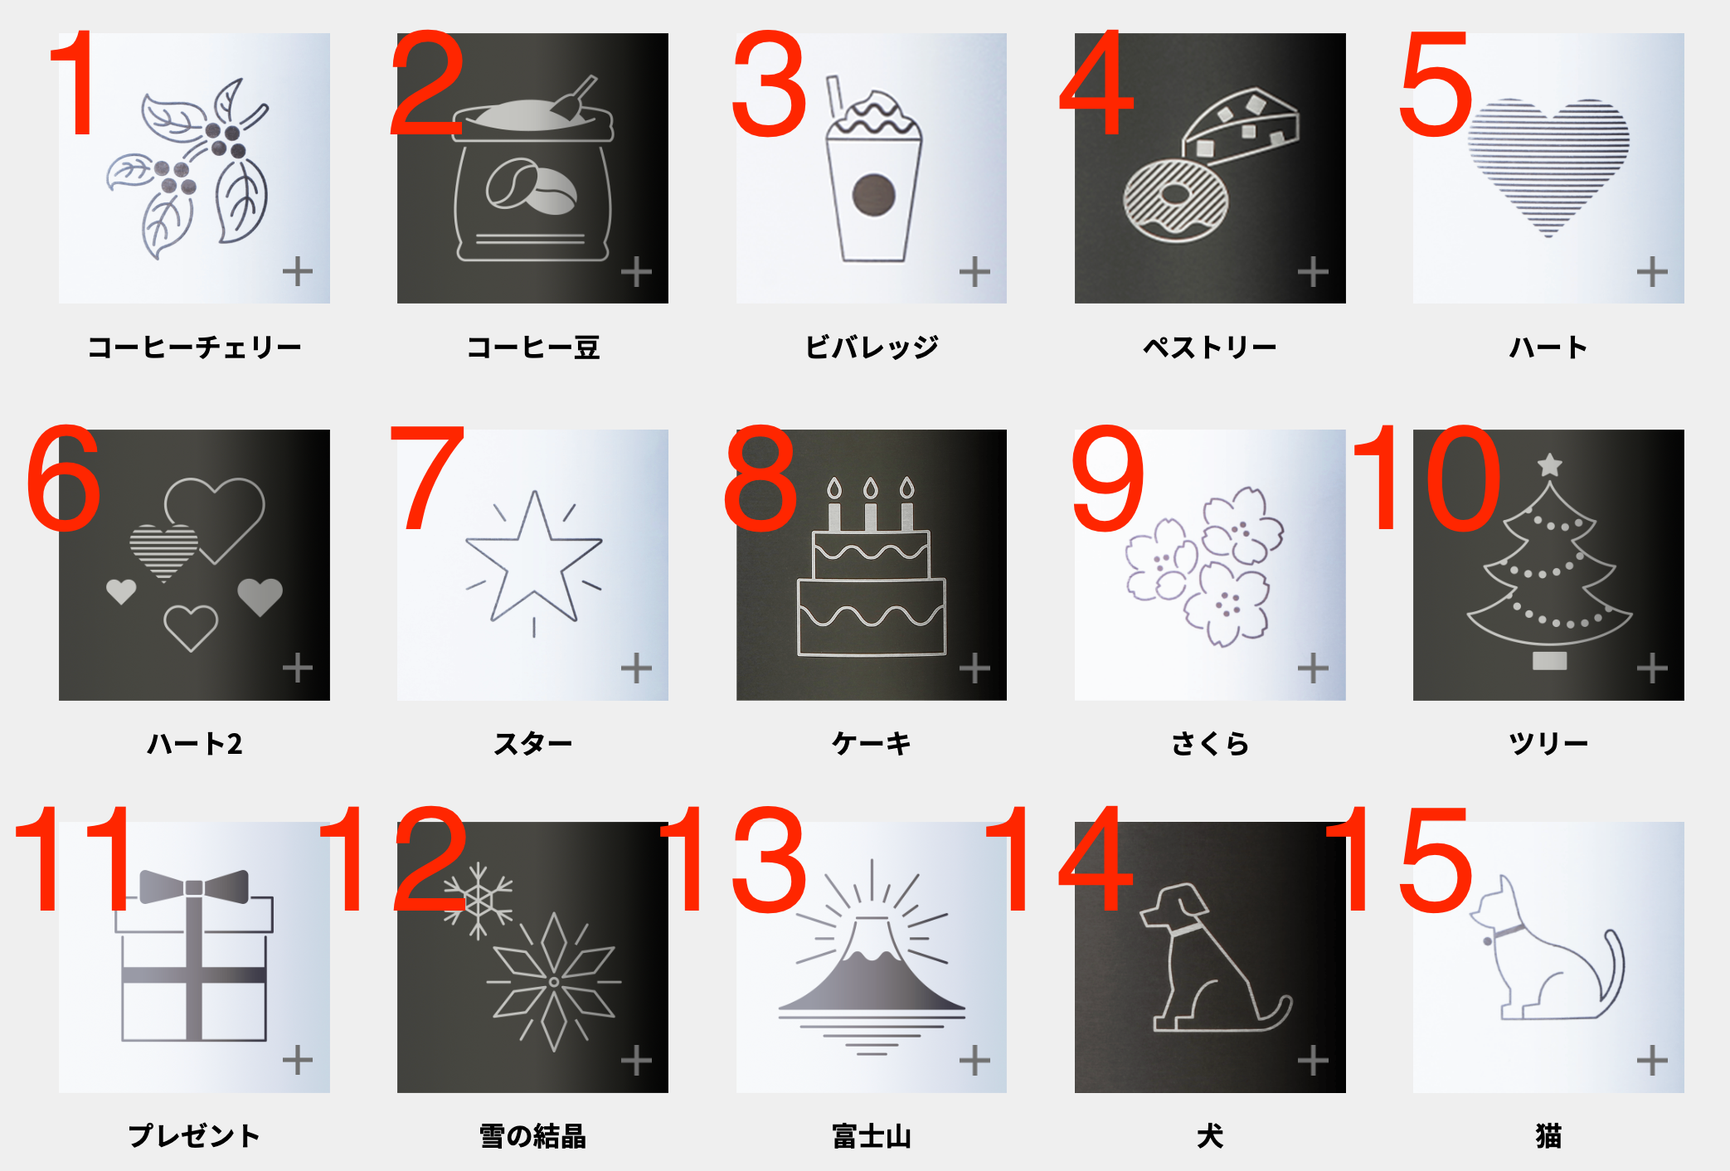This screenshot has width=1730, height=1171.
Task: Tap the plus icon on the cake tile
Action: point(974,668)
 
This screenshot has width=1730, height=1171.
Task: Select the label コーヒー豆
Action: point(533,347)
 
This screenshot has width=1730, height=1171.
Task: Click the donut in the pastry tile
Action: point(1174,199)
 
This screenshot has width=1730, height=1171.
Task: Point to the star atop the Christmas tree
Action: point(1549,465)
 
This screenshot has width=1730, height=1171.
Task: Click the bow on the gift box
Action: point(194,887)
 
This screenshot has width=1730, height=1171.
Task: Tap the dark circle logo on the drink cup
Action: point(873,195)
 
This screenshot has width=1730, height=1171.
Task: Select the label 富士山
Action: point(872,1135)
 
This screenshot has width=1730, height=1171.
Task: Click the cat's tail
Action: point(1614,970)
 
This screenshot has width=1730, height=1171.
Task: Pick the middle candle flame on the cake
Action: point(871,487)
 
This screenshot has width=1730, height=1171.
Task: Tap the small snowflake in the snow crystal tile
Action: point(479,900)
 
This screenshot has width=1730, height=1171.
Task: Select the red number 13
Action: point(734,860)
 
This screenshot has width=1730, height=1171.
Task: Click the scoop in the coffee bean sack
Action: point(574,98)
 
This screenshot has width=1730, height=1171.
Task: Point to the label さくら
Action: point(1210,743)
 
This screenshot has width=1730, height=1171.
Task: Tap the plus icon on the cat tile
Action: point(1652,1060)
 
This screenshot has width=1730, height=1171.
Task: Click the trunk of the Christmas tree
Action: point(1549,661)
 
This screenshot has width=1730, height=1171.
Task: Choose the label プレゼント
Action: point(194,1135)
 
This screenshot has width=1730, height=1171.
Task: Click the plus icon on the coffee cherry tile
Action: point(298,271)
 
